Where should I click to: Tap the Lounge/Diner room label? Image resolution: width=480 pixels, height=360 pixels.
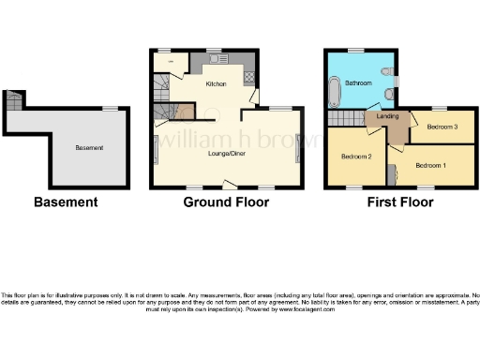(226, 155)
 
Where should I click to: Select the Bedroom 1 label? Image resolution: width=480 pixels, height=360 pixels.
(429, 166)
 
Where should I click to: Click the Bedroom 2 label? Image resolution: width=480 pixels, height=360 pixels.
(355, 156)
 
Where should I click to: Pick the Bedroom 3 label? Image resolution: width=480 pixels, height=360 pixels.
(441, 126)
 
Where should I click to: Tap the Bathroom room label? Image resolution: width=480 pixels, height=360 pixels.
(356, 83)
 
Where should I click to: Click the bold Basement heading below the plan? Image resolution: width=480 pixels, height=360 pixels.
(66, 202)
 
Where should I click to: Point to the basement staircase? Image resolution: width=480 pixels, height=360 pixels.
(13, 100)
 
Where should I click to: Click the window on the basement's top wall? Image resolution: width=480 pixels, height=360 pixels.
(112, 109)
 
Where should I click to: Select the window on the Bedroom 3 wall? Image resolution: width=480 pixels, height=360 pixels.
(439, 111)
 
